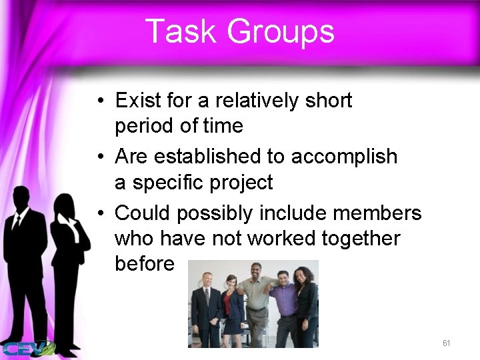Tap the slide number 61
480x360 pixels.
[446, 343]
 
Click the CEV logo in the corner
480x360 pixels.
[27, 348]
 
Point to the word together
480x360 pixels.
[360, 238]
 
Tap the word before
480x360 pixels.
[145, 264]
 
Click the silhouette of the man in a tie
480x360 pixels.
[25, 260]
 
